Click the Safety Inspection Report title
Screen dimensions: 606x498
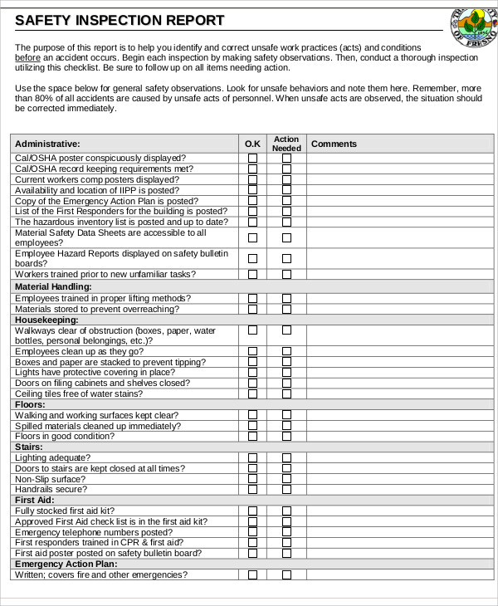click(x=120, y=21)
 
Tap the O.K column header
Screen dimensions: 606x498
click(x=252, y=144)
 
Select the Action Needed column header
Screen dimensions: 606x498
click(x=286, y=144)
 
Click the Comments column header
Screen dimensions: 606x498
click(x=334, y=144)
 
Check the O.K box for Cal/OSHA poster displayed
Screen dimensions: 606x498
click(x=252, y=158)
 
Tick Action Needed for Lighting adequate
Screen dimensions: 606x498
click(x=286, y=457)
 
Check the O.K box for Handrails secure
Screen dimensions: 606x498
click(x=252, y=490)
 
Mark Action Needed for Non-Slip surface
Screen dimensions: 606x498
click(x=286, y=479)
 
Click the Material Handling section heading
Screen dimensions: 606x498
click(x=53, y=287)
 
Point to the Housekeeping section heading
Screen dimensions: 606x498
click(x=46, y=320)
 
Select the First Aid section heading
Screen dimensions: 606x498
click(x=34, y=501)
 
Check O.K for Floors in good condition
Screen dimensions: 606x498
click(x=252, y=437)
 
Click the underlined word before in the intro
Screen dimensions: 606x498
click(x=27, y=58)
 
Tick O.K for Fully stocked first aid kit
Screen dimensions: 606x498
click(x=252, y=511)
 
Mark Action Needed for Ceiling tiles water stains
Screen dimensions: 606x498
click(x=286, y=393)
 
